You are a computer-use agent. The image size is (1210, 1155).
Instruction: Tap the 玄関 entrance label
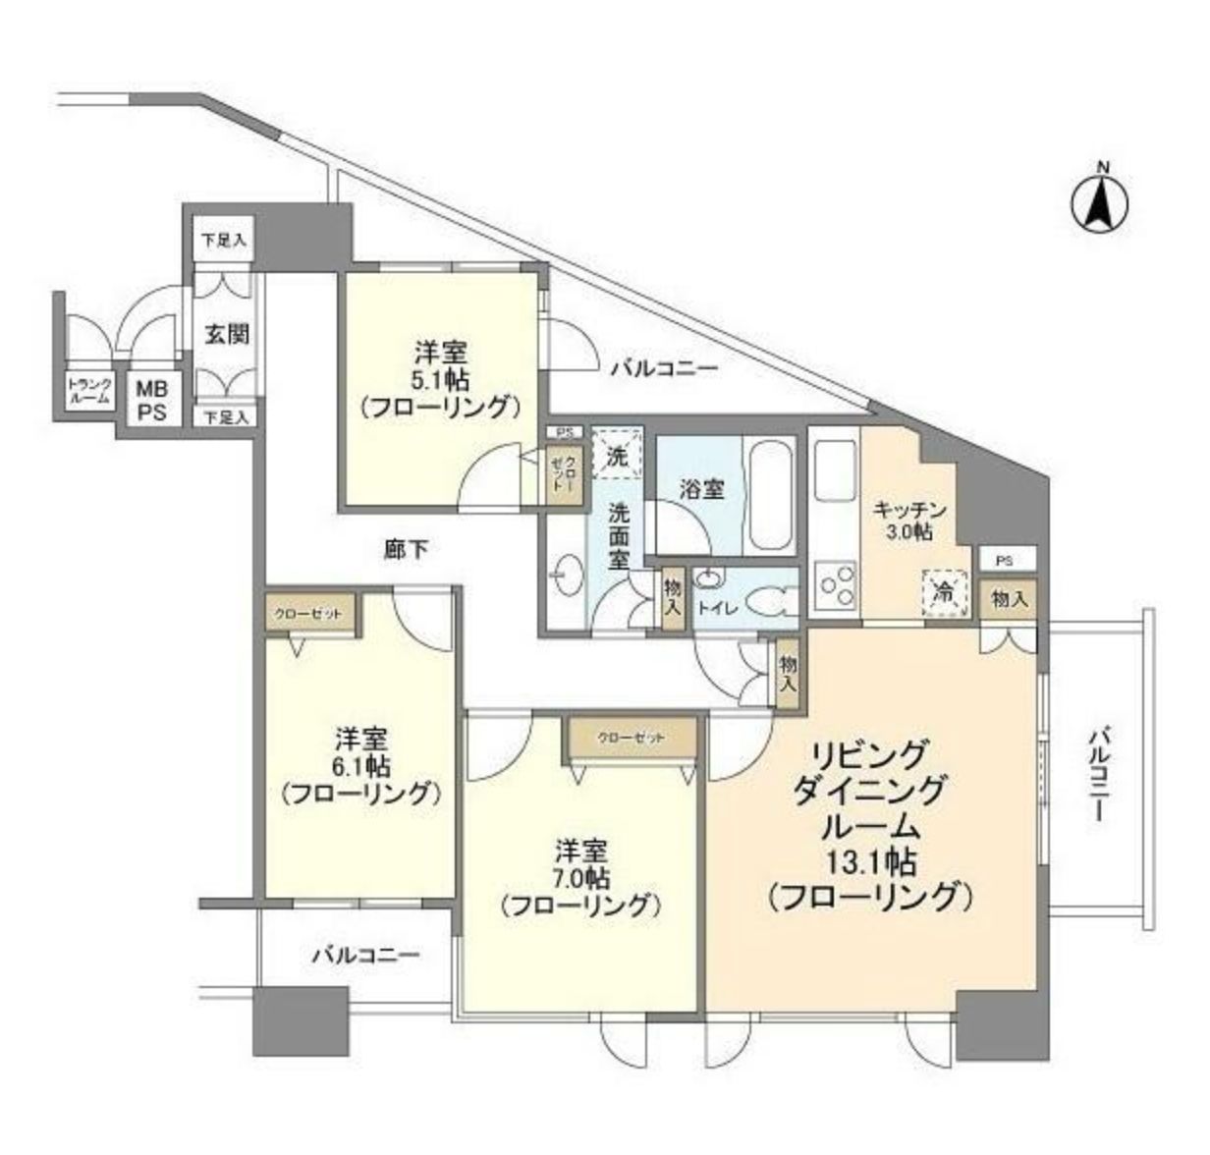[x=226, y=334]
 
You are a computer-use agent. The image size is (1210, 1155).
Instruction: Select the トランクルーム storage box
[x=89, y=391]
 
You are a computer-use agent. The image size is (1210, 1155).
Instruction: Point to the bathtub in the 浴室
[x=769, y=497]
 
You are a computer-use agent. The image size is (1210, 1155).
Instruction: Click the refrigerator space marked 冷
[x=943, y=592]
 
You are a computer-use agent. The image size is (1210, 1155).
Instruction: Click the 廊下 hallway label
[x=406, y=550]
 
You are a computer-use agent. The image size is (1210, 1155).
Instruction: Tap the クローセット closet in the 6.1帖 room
[x=308, y=614]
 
